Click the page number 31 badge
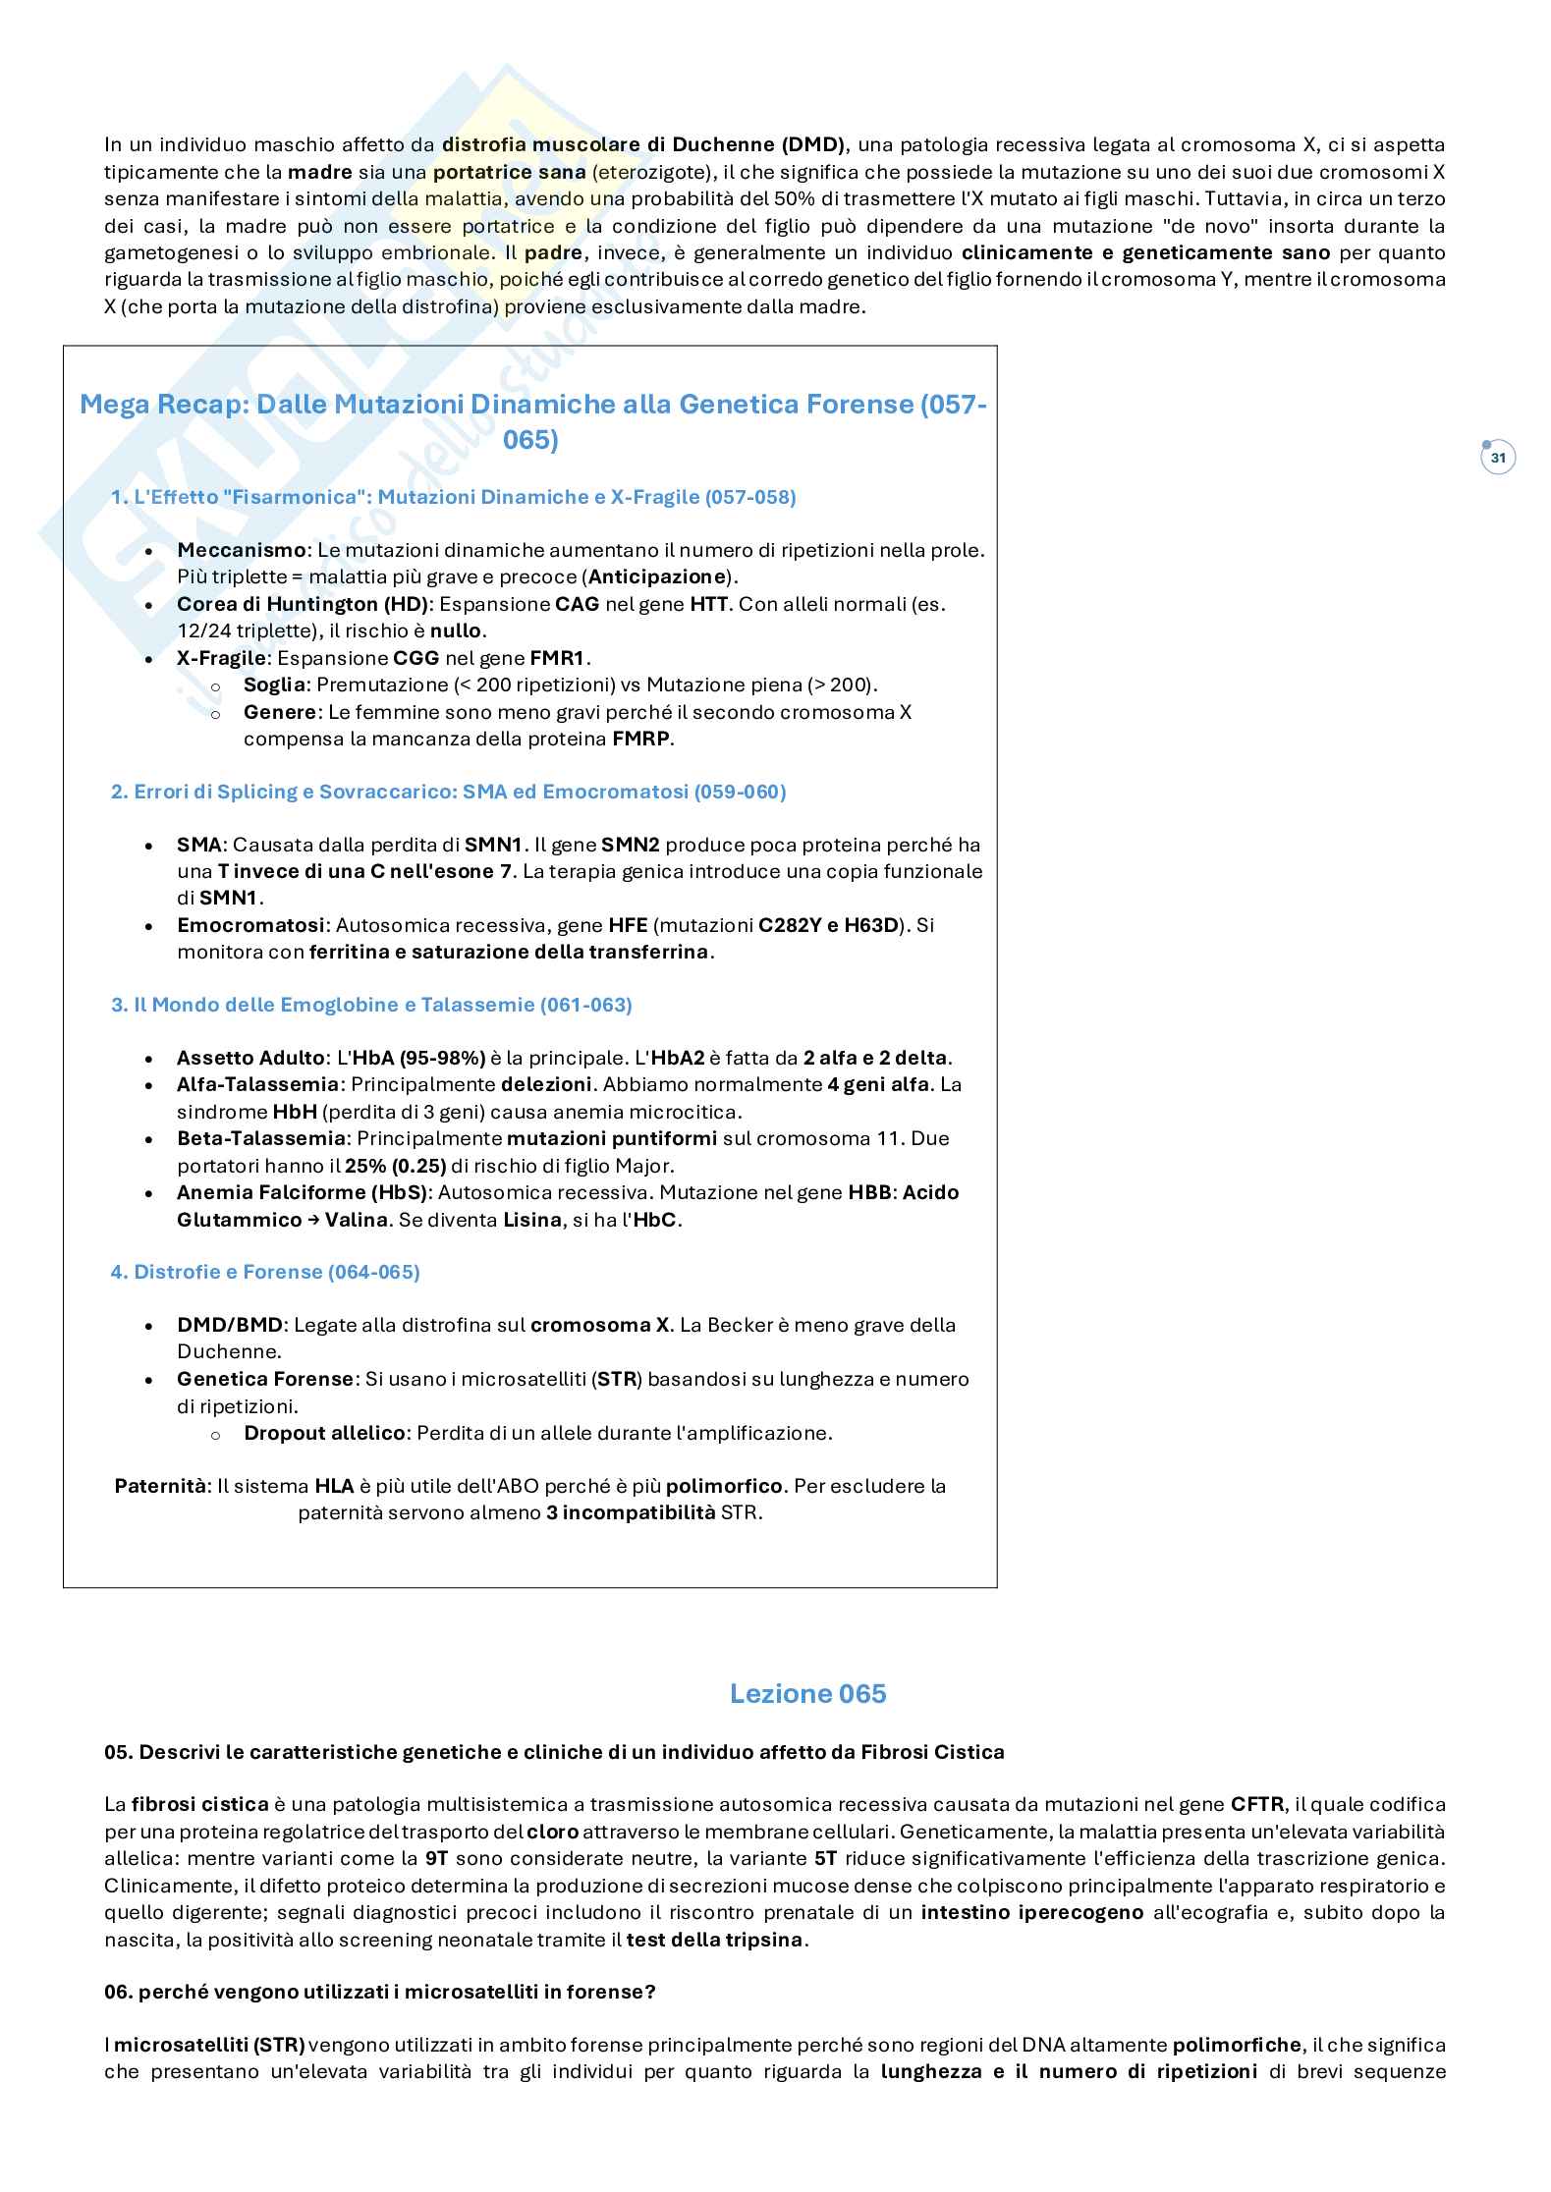tap(1498, 458)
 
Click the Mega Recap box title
tap(531, 421)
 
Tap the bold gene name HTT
tap(708, 604)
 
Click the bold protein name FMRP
tap(641, 739)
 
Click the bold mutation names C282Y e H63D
tap(829, 925)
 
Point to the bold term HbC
tap(655, 1220)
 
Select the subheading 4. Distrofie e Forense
tap(265, 1272)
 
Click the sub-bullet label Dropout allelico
tap(324, 1433)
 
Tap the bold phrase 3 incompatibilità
tap(631, 1512)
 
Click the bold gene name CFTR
tap(1257, 1804)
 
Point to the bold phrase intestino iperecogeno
tap(1032, 1912)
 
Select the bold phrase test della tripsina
tap(715, 1940)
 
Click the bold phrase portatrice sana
tap(509, 172)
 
